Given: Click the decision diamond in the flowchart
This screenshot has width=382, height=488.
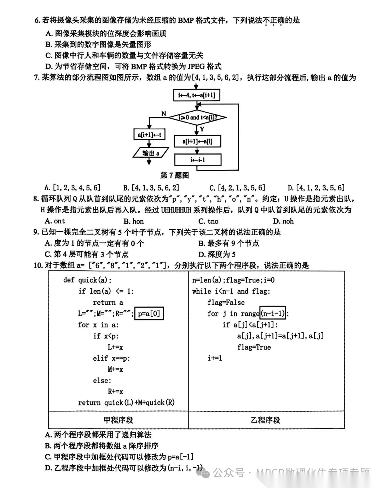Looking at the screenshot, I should pyautogui.click(x=197, y=117).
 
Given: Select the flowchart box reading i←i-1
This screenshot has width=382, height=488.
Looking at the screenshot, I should pyautogui.click(x=198, y=160).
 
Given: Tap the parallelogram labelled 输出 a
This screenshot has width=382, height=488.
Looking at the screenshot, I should pyautogui.click(x=150, y=153).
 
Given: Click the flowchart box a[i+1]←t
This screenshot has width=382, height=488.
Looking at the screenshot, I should pyautogui.click(x=149, y=135).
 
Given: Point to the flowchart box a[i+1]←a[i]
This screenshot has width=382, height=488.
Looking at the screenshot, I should pyautogui.click(x=197, y=141).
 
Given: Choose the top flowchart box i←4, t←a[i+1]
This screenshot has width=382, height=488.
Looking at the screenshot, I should pyautogui.click(x=196, y=95).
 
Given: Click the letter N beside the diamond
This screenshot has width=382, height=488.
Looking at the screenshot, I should pyautogui.click(x=163, y=114).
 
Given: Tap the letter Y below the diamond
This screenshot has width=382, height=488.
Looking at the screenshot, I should pyautogui.click(x=202, y=129).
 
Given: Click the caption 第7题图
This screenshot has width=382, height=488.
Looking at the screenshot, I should pyautogui.click(x=174, y=175).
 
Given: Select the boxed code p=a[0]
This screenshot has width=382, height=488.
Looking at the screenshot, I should pyautogui.click(x=149, y=313).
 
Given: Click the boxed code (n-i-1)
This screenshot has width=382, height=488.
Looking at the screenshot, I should pyautogui.click(x=272, y=313).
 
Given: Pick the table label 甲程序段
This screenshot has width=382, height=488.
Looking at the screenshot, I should pyautogui.click(x=118, y=420).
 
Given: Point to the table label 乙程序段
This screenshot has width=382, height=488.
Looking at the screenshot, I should pyautogui.click(x=265, y=420).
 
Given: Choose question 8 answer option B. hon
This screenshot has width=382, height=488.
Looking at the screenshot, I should pyautogui.click(x=133, y=221).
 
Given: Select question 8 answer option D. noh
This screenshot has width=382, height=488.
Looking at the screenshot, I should pyautogui.click(x=283, y=221).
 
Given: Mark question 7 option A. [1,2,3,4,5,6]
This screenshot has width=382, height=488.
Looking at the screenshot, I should pyautogui.click(x=73, y=187).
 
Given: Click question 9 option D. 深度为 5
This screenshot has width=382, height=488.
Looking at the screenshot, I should pyautogui.click(x=217, y=254).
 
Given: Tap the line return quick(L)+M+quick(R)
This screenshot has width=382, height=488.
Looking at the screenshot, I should pyautogui.click(x=126, y=403).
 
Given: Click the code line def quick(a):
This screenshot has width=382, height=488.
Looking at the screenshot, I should pyautogui.click(x=87, y=280).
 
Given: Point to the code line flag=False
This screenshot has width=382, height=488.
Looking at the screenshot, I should pyautogui.click(x=226, y=302).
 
